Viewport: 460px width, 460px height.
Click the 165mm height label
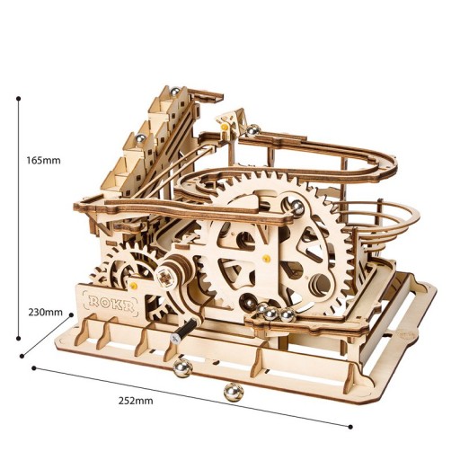[44, 161]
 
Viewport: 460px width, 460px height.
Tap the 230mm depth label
[46, 313]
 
